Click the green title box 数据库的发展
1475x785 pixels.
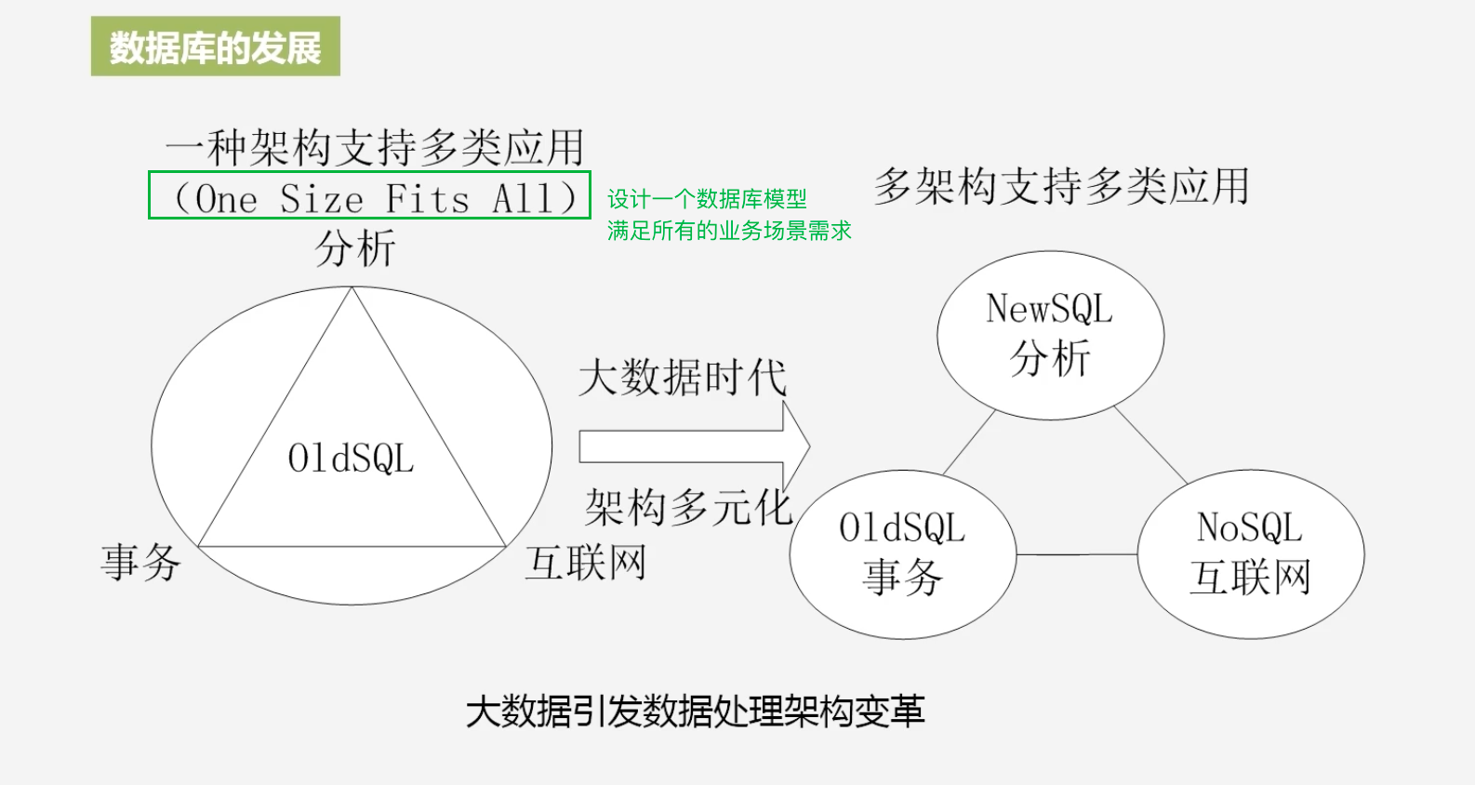[215, 47]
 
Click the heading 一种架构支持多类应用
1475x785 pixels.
[375, 148]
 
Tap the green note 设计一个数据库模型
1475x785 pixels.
[707, 199]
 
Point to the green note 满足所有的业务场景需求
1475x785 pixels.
[729, 231]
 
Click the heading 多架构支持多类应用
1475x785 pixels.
[1061, 186]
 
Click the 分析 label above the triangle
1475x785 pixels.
[355, 248]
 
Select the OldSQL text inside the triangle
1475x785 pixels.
[351, 459]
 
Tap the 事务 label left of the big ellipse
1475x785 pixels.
[140, 563]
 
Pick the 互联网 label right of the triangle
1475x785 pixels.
[586, 563]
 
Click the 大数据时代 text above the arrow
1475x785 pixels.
[682, 378]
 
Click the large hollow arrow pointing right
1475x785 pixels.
[693, 447]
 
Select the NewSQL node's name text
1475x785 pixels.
[1049, 309]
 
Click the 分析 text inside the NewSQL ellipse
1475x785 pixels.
[1050, 358]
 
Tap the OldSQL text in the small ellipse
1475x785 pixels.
[902, 528]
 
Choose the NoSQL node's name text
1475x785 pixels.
[1250, 528]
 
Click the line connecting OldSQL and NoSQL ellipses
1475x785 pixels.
[1076, 555]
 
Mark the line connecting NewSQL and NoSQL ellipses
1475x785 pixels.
[1150, 445]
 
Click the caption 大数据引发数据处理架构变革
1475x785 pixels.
[695, 712]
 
